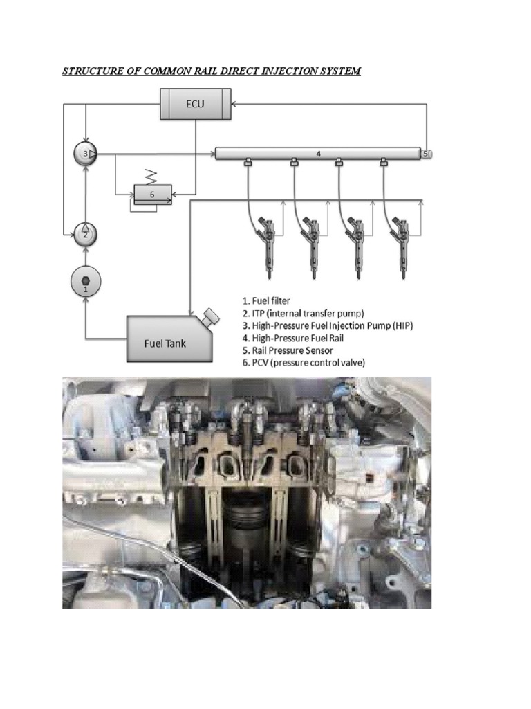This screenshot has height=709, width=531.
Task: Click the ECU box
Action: [x=193, y=105]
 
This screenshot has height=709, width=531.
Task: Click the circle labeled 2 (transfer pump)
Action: [x=85, y=232]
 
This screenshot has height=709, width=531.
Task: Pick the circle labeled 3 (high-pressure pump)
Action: [x=85, y=154]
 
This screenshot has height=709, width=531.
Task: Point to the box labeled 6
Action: [x=153, y=195]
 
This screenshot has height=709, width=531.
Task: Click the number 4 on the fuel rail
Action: [x=318, y=154]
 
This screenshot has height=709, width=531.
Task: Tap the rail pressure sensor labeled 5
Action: [x=427, y=154]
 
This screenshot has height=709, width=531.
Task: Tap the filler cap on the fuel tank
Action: [x=210, y=316]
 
